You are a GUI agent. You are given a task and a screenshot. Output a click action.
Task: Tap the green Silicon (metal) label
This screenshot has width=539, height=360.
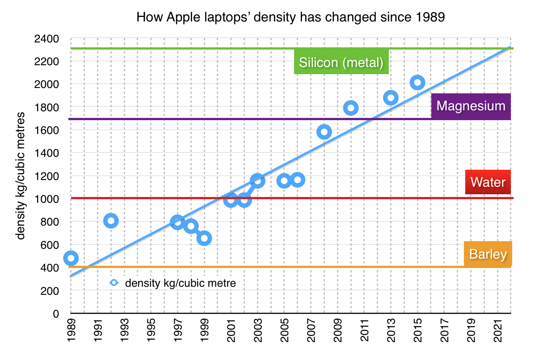click(x=341, y=63)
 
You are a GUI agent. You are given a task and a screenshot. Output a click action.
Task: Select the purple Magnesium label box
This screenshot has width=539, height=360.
click(x=471, y=106)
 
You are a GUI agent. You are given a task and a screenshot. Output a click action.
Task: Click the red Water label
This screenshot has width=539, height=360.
click(x=488, y=182)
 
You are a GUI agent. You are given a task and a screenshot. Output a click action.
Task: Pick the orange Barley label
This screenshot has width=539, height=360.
click(x=488, y=255)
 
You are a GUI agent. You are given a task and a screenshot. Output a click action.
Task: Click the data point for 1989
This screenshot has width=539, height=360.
click(x=71, y=258)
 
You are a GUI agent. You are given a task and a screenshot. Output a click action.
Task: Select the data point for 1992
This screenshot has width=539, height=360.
click(x=111, y=221)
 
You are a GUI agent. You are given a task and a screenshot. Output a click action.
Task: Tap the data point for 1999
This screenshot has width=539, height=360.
click(x=204, y=238)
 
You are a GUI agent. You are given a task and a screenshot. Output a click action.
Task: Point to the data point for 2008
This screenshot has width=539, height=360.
click(x=324, y=132)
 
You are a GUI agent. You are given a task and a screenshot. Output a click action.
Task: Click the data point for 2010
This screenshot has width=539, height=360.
click(x=351, y=108)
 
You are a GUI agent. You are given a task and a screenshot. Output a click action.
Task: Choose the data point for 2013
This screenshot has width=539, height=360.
click(x=391, y=98)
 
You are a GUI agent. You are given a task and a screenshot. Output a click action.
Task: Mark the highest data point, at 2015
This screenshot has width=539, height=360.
click(x=417, y=82)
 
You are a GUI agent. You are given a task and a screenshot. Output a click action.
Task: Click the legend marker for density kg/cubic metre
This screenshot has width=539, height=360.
click(x=114, y=283)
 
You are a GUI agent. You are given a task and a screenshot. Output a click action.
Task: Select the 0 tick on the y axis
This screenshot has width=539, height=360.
click(x=56, y=314)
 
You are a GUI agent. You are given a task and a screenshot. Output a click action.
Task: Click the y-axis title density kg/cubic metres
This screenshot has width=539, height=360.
click(x=21, y=176)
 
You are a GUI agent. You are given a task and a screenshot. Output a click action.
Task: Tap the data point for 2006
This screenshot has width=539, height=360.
click(x=297, y=180)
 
